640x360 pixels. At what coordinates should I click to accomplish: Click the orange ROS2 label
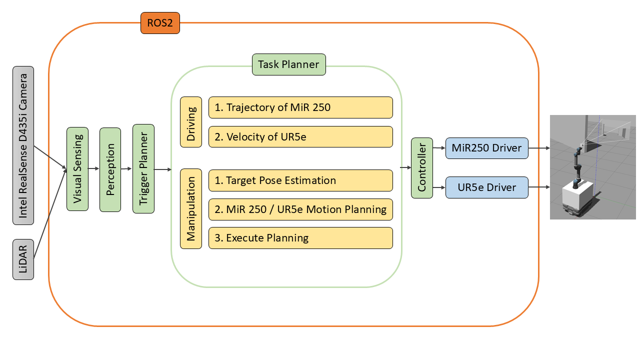(160, 23)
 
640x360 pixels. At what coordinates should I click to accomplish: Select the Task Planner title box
(289, 64)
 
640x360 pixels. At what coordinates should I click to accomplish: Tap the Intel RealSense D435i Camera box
(23, 145)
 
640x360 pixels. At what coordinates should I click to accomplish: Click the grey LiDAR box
(23, 259)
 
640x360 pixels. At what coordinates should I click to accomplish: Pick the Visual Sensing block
(77, 169)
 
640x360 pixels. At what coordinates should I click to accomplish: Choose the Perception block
(110, 169)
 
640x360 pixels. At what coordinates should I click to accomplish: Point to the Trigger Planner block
(143, 168)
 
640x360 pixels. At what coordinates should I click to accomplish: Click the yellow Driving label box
(191, 122)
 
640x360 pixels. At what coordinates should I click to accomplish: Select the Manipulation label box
(191, 209)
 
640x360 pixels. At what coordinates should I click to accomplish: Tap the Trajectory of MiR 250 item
(300, 107)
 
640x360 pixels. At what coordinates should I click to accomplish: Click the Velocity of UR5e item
(300, 137)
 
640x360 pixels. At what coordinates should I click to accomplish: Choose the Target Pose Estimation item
(300, 180)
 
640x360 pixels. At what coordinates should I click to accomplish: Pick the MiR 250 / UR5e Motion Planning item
(300, 209)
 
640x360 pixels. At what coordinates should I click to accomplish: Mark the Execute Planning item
(300, 238)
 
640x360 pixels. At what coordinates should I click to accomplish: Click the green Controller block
(422, 168)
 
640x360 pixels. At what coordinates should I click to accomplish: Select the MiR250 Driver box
(487, 148)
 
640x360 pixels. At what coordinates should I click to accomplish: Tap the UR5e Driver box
(487, 187)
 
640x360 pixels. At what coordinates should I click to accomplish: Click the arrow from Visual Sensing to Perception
(93, 168)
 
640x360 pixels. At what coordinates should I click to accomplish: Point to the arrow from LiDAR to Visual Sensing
(50, 213)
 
